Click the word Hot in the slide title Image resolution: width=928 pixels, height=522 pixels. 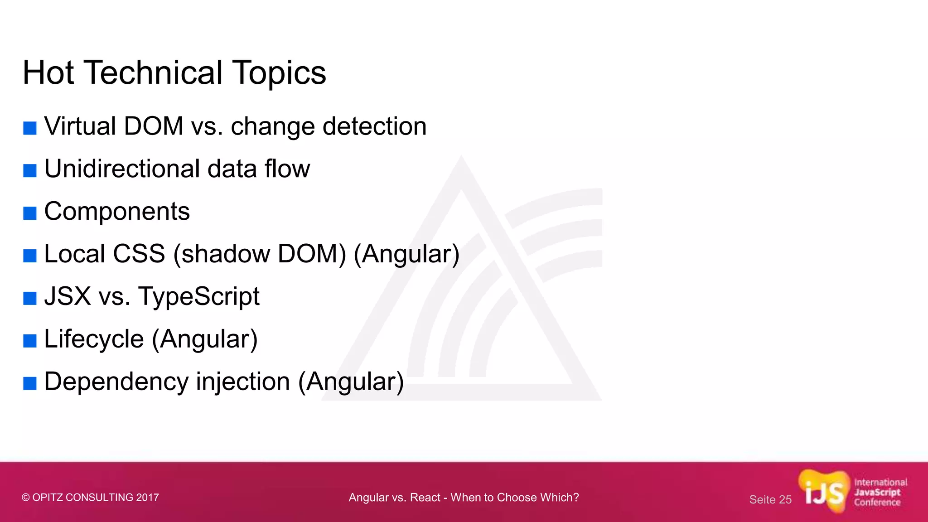click(48, 72)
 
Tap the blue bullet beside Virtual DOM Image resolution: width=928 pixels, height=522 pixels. click(30, 128)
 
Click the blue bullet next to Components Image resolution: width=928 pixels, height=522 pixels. click(30, 213)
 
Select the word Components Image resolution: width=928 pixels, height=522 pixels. click(117, 212)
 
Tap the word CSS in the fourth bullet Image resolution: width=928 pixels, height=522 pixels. click(139, 254)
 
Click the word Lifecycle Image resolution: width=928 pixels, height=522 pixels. click(94, 339)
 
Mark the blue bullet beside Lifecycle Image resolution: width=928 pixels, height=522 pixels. click(30, 341)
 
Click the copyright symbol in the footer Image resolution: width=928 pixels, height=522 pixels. click(26, 498)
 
